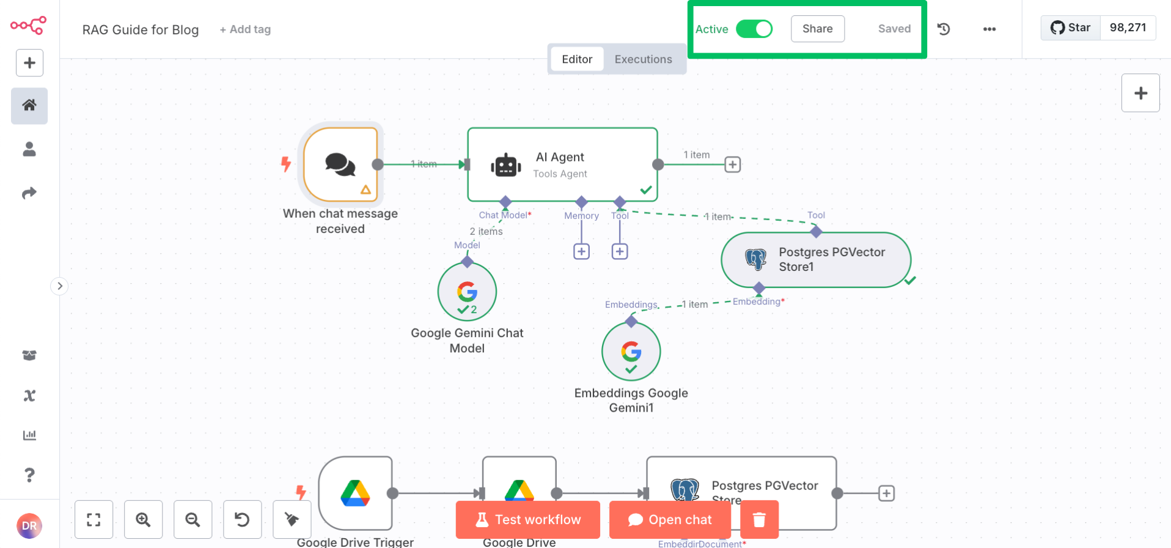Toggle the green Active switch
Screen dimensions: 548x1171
click(754, 29)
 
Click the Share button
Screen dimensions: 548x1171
click(817, 29)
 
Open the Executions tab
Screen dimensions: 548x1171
click(643, 59)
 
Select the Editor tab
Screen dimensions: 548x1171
click(576, 59)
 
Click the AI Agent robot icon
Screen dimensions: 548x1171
click(506, 165)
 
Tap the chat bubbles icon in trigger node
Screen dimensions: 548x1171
click(340, 165)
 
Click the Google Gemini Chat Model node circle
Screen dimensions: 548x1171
click(467, 292)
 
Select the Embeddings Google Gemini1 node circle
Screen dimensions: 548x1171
click(631, 352)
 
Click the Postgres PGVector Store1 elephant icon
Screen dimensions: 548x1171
click(755, 259)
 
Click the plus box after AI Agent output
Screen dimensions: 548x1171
click(732, 165)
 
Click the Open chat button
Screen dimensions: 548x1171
click(670, 519)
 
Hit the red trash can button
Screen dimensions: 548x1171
click(759, 519)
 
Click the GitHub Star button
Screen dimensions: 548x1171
click(1071, 28)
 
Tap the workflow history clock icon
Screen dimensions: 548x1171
click(944, 29)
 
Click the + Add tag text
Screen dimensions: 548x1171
click(245, 29)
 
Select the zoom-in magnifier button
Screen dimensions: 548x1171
click(143, 519)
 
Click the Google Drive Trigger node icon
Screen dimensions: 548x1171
click(355, 493)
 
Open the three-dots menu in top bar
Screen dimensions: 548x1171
click(989, 29)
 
